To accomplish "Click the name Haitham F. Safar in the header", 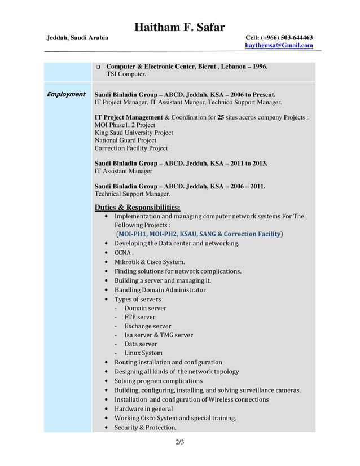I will point(179,27).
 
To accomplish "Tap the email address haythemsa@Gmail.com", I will point(279,46).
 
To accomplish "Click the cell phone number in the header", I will point(279,37).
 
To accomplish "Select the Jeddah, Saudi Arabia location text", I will point(77,37).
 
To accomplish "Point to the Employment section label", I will point(65,94).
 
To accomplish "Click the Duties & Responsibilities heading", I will point(137,207).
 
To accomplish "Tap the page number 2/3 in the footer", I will point(179,442).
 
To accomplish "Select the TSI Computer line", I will point(126,74).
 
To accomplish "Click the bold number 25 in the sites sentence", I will point(221,118).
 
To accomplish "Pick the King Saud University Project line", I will point(134,133).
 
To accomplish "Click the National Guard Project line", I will point(125,140).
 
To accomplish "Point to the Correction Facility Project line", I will point(131,148).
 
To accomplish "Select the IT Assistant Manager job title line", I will point(123,171).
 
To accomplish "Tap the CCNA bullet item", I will point(124,253).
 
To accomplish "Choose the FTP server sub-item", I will point(140,317).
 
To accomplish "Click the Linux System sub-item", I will point(143,353).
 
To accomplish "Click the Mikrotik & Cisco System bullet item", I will point(150,262).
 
